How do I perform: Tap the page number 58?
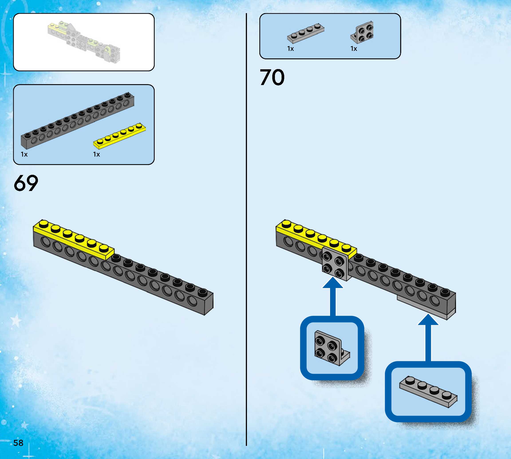click(18, 443)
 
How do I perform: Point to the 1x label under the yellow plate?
click(97, 154)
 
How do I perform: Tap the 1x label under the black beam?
click(24, 154)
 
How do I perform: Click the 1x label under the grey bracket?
click(354, 49)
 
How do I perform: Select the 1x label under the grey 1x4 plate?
click(290, 49)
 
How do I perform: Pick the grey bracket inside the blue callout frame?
click(331, 348)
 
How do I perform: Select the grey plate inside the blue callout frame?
click(428, 392)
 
